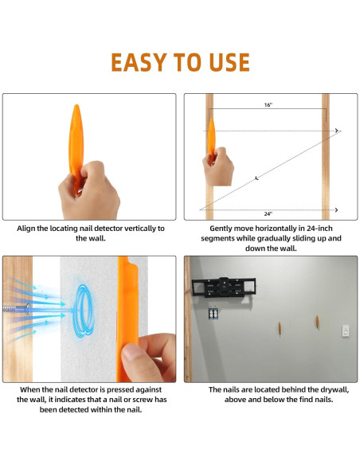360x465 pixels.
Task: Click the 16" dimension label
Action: pos(268,104)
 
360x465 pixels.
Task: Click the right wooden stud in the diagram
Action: pos(326,156)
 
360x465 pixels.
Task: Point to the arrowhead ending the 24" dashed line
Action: pos(337,209)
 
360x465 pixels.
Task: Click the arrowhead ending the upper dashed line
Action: pos(337,131)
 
